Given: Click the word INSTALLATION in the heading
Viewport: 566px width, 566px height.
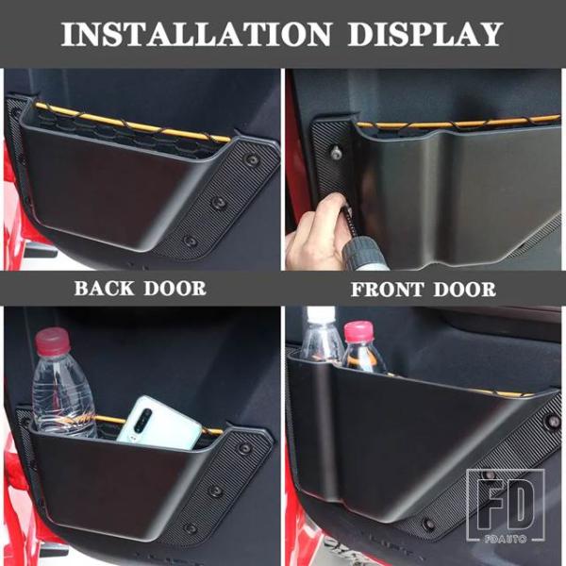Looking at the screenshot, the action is click(x=196, y=34).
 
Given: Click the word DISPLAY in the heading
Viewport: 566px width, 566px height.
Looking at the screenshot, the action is click(x=425, y=34).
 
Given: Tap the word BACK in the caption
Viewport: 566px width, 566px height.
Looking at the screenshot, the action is click(x=105, y=289).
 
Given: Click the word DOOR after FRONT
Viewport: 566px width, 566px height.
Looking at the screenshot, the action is click(x=464, y=290).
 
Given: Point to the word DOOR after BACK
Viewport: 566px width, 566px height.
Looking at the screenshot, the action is click(x=175, y=289).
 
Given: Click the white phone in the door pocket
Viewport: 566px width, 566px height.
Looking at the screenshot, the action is click(x=158, y=424).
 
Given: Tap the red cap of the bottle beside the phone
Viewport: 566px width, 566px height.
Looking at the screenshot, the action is click(x=52, y=342).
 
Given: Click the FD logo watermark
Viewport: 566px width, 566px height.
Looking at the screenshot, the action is click(x=505, y=505).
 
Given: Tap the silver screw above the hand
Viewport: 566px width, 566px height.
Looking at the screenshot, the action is click(x=337, y=152).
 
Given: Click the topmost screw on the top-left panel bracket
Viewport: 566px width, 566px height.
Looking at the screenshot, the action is click(x=252, y=159).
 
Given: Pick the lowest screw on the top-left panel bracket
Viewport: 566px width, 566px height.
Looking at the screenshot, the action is click(x=191, y=241).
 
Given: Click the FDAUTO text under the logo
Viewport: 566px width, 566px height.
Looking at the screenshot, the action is click(x=506, y=539).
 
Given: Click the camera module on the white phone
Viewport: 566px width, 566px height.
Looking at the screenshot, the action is click(x=142, y=421).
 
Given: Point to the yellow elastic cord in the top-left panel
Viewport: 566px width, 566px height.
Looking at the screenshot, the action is click(x=133, y=123).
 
